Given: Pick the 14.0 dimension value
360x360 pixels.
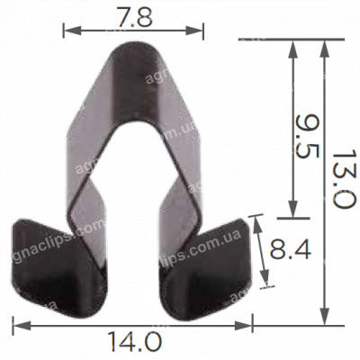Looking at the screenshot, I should pyautogui.click(x=134, y=342).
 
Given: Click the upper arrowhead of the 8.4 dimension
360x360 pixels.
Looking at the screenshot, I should pyautogui.click(x=257, y=219).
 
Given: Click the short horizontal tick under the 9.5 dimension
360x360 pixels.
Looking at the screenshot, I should pyautogui.click(x=290, y=218).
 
